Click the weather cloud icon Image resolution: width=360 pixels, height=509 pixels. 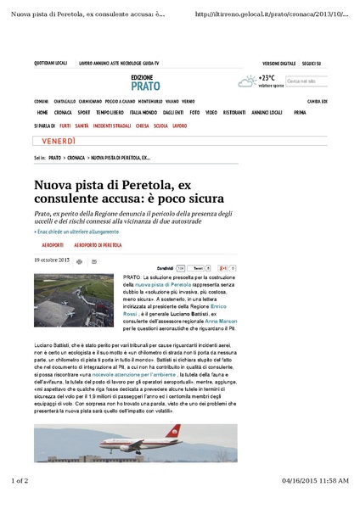pos(246,81)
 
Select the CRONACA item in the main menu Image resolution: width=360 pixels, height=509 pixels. pos(63,112)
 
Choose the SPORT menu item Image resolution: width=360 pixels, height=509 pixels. pos(84,112)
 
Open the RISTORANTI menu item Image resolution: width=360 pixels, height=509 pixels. pos(234,112)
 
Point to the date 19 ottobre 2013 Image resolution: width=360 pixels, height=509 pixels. pos(52,260)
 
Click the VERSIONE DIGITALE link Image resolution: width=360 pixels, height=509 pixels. pos(278,64)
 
